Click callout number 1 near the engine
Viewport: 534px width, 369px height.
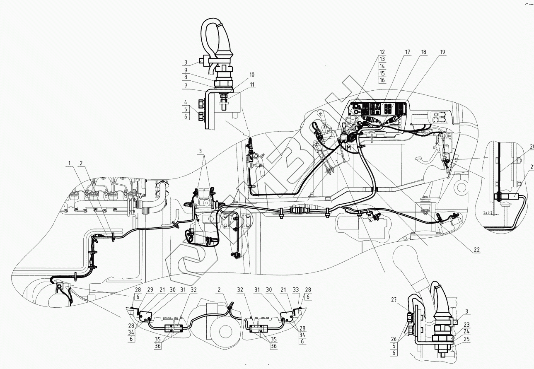pyautogui.click(x=71, y=163)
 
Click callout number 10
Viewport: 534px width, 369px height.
pyautogui.click(x=252, y=75)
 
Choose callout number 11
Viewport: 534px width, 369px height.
pyautogui.click(x=252, y=84)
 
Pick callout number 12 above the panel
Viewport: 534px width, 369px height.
pyautogui.click(x=382, y=52)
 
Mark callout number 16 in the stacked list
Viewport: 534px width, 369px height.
pyautogui.click(x=382, y=80)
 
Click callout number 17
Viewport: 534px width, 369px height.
pyautogui.click(x=408, y=52)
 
